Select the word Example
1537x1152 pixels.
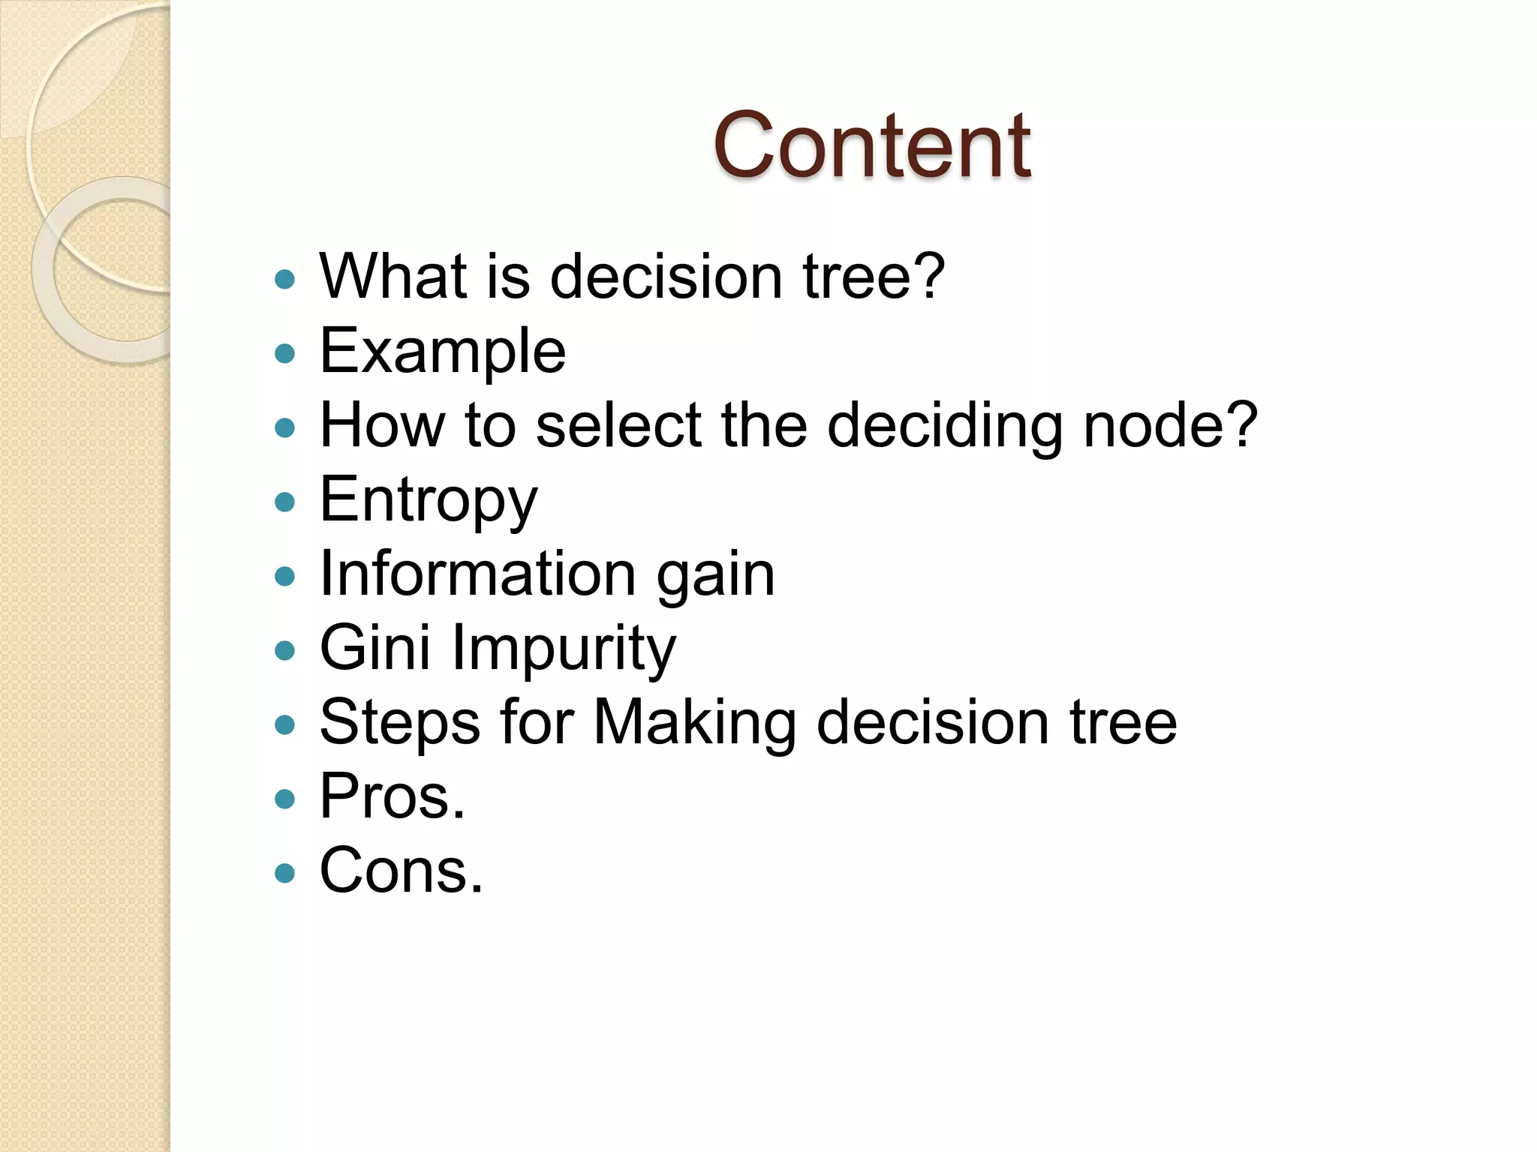point(443,351)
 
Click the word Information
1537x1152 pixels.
point(478,574)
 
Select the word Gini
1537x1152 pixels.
point(374,647)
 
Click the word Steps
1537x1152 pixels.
point(399,722)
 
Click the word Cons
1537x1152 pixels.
point(401,870)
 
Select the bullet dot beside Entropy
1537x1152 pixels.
point(285,502)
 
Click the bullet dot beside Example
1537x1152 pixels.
point(285,353)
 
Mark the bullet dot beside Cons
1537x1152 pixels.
point(285,873)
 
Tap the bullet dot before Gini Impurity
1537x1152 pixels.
point(285,650)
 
